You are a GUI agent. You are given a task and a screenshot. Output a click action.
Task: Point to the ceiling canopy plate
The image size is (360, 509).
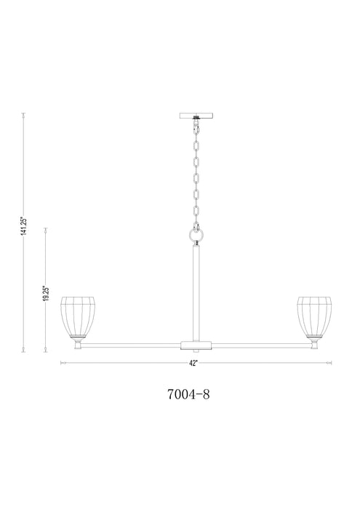point(196,115)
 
